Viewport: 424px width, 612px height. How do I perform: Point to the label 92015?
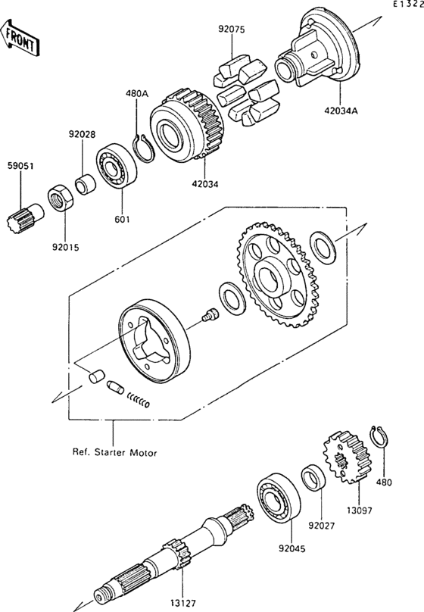[x=64, y=245]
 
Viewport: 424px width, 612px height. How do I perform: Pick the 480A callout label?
[x=137, y=95]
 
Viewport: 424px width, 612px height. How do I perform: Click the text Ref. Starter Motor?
[x=114, y=453]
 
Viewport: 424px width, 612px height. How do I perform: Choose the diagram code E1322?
[x=407, y=5]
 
